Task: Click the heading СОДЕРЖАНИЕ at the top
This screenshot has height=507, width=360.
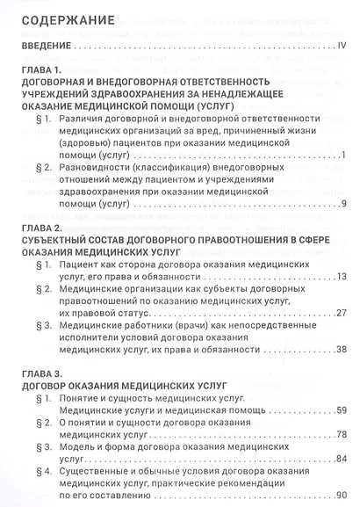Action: [55, 18]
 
